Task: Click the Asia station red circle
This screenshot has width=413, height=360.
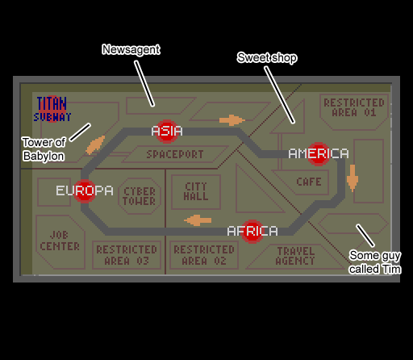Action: pyautogui.click(x=167, y=132)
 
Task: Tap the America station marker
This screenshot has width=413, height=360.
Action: pyautogui.click(x=319, y=154)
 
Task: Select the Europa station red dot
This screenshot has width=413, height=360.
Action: pyautogui.click(x=85, y=191)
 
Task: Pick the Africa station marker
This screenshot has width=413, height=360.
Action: pyautogui.click(x=252, y=232)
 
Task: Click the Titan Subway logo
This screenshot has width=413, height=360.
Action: pyautogui.click(x=52, y=109)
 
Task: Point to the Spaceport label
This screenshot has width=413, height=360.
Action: pyautogui.click(x=175, y=154)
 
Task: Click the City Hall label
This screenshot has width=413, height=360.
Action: pyautogui.click(x=196, y=191)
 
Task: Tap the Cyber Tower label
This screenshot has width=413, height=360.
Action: pyautogui.click(x=140, y=196)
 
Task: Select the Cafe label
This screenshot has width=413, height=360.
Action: pyautogui.click(x=309, y=182)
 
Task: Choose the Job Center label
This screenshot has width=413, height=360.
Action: pyautogui.click(x=60, y=241)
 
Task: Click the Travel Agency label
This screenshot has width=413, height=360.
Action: pyautogui.click(x=295, y=256)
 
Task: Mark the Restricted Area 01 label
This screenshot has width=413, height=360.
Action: pyautogui.click(x=354, y=107)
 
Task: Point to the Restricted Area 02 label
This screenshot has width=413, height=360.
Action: pyautogui.click(x=204, y=255)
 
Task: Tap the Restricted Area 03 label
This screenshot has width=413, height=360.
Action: pyautogui.click(x=127, y=255)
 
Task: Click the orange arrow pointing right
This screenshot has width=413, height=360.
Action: pyautogui.click(x=232, y=120)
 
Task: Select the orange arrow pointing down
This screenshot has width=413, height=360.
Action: pyautogui.click(x=353, y=178)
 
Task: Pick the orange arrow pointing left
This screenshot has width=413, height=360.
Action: pyautogui.click(x=198, y=220)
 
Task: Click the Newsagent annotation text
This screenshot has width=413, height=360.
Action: pyautogui.click(x=131, y=49)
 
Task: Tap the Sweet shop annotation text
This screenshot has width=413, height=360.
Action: pyautogui.click(x=267, y=57)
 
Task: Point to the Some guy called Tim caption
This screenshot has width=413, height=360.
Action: pyautogui.click(x=375, y=262)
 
